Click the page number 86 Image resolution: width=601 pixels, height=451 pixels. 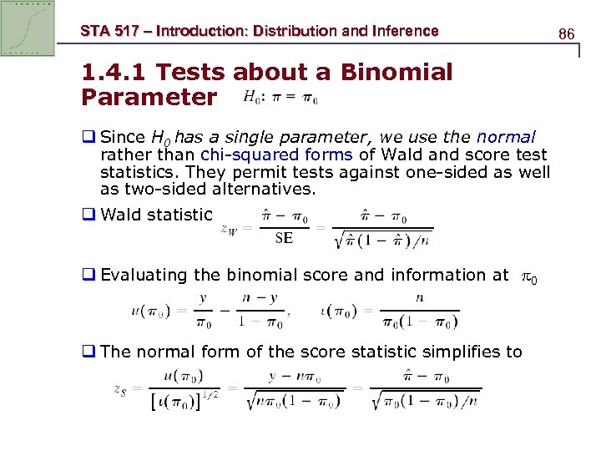click(567, 34)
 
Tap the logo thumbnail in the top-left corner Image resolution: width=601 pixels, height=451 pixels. click(28, 28)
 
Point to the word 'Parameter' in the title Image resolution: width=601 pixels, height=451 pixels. click(149, 97)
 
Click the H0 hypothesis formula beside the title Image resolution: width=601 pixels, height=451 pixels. click(280, 97)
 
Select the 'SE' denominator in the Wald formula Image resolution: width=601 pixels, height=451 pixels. click(284, 237)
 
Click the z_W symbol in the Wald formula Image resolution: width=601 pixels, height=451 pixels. click(233, 227)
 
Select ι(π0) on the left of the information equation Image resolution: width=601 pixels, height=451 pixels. click(339, 311)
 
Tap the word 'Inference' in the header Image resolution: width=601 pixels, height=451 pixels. click(404, 31)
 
